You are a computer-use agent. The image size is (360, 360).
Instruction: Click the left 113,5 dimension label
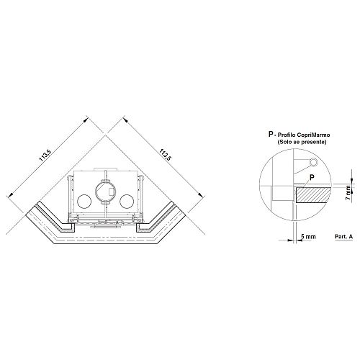[x=45, y=156]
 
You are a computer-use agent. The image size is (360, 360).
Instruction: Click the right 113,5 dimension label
[x=165, y=154]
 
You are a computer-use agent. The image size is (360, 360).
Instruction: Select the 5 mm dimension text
[x=308, y=237]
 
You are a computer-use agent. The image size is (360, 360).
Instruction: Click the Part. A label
[x=343, y=236]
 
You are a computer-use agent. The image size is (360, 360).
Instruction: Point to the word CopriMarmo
[x=315, y=135]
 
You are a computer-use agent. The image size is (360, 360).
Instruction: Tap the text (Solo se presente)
[x=302, y=142]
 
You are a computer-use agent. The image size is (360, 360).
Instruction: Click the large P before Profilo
[x=271, y=134]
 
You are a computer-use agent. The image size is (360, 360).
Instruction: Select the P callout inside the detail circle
[x=312, y=178]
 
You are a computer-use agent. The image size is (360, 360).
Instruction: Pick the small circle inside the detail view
[x=313, y=163]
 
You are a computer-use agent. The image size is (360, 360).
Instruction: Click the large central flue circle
[x=106, y=192]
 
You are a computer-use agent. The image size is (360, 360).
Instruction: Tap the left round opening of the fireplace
[x=84, y=201]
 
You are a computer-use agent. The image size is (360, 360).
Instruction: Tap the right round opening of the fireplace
[x=127, y=201]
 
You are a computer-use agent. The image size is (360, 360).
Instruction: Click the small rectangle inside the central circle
[x=112, y=192]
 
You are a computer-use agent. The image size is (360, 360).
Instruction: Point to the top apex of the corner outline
[x=105, y=135]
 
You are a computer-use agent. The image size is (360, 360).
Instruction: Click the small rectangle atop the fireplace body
[x=105, y=169]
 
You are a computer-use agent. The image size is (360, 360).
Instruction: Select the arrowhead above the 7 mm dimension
[x=351, y=181]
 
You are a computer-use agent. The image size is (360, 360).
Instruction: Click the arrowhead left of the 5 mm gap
[x=290, y=240]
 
